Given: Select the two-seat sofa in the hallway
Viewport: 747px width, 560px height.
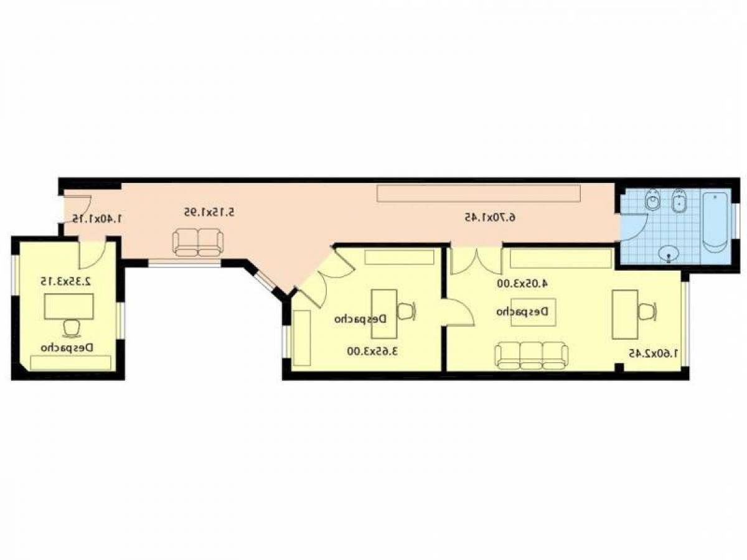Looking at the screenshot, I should pyautogui.click(x=198, y=242).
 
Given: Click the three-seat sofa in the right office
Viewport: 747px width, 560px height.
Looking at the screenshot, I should pyautogui.click(x=532, y=355).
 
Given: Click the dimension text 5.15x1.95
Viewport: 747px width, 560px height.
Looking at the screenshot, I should pyautogui.click(x=209, y=212).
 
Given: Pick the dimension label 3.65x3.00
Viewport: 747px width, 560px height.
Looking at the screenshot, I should pyautogui.click(x=372, y=351).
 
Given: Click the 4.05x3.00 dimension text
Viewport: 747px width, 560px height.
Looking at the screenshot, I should pyautogui.click(x=523, y=283).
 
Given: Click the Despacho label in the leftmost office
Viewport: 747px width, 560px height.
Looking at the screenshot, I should pyautogui.click(x=67, y=347).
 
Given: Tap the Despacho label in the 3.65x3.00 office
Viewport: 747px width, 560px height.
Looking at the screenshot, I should pyautogui.click(x=360, y=319).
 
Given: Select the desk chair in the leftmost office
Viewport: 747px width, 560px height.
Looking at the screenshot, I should pyautogui.click(x=72, y=327).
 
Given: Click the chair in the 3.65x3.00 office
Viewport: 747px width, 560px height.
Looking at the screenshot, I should pyautogui.click(x=406, y=310).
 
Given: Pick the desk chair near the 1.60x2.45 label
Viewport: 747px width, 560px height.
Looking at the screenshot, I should pyautogui.click(x=647, y=310).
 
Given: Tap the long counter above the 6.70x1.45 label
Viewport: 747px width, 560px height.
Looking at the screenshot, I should pyautogui.click(x=478, y=193).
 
